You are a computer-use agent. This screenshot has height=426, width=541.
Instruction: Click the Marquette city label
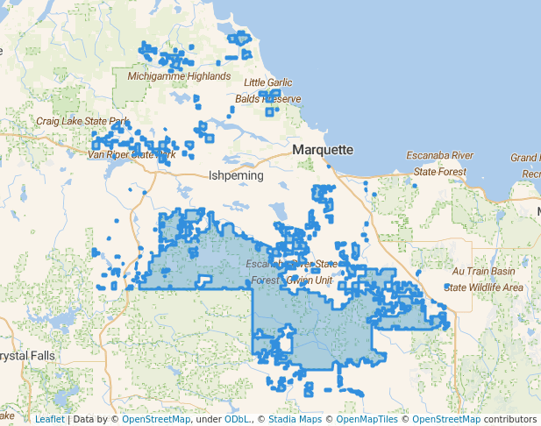pos(323,150)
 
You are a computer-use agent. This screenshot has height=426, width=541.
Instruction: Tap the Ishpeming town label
pos(236,175)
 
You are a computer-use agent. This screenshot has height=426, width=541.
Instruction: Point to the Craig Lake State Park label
pos(82,121)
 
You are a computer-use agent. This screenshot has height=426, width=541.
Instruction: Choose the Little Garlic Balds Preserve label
pos(272,91)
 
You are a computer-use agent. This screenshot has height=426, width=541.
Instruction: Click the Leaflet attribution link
pos(49,420)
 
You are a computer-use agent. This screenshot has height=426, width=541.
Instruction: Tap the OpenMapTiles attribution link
pos(368,420)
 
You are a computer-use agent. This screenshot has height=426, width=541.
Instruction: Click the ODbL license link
pos(236,420)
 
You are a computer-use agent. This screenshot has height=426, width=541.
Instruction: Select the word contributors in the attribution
pos(509,420)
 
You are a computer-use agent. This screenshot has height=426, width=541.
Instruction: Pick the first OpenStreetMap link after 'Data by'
pos(156,420)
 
